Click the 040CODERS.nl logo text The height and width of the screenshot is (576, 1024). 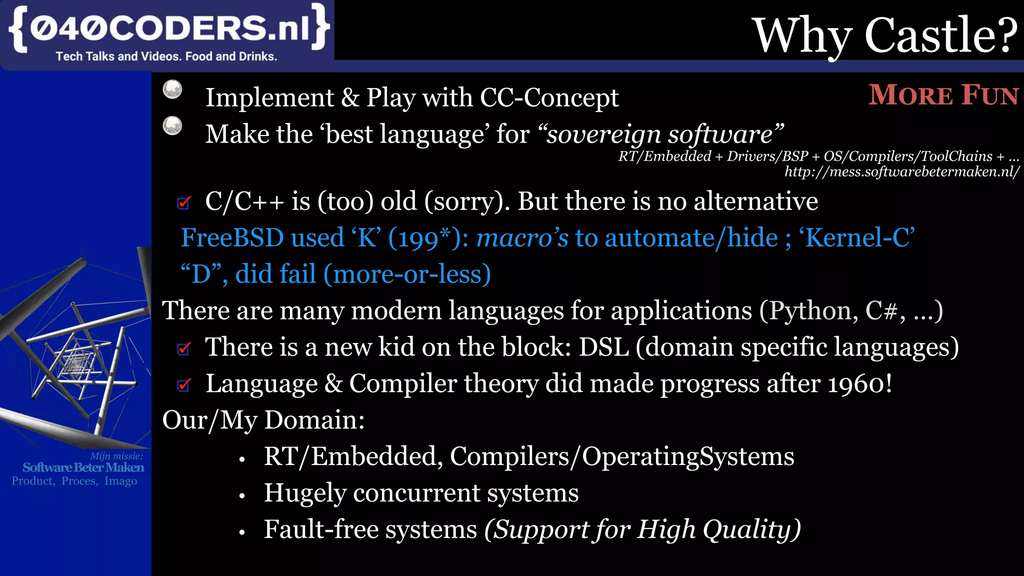(x=169, y=28)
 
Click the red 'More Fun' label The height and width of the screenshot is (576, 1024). (x=943, y=95)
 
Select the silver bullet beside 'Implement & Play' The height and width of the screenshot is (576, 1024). (x=172, y=89)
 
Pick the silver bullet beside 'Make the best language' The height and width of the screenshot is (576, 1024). (x=172, y=125)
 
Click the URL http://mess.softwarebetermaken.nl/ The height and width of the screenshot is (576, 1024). (x=901, y=172)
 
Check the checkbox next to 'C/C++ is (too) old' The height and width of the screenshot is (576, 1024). (x=184, y=202)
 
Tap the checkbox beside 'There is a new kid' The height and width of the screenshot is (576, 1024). (x=184, y=348)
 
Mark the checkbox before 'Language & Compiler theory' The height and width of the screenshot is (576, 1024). (x=184, y=384)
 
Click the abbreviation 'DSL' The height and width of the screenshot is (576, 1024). (x=603, y=347)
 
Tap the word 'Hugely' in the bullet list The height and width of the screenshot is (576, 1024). (x=305, y=493)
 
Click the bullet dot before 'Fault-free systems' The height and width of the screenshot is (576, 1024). (x=242, y=532)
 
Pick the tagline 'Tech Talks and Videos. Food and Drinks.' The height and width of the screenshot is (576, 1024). (x=166, y=56)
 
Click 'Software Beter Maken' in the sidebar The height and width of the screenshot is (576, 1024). (x=83, y=467)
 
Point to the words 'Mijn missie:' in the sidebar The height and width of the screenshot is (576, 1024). (x=116, y=456)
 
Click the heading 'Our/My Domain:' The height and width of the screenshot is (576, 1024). (x=263, y=420)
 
